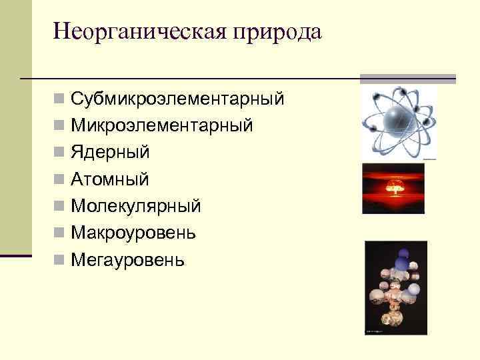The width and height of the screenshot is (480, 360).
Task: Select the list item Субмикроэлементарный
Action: coord(177,99)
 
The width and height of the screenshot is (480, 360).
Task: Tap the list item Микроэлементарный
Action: coord(161,126)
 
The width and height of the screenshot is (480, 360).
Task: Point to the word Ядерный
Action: coord(110,153)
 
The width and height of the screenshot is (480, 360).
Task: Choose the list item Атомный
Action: coord(110,179)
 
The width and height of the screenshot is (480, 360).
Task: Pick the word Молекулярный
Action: coord(135,206)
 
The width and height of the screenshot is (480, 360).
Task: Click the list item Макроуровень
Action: coord(133,233)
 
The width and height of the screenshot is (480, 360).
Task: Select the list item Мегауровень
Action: coord(127,259)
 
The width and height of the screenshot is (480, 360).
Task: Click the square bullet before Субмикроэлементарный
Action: coord(60,99)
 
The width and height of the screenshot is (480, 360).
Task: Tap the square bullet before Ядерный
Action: coord(60,153)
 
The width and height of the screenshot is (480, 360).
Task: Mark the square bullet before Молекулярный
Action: coord(60,206)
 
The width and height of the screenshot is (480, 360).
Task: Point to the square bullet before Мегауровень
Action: coord(60,259)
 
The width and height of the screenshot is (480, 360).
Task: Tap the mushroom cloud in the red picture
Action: coord(393,188)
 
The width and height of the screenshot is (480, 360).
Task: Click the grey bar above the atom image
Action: coord(407,79)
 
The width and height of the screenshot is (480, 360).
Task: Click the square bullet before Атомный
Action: coord(60,179)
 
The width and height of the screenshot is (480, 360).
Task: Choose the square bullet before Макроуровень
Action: coord(60,233)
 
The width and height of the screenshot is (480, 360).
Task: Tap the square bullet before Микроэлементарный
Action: coord(60,126)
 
